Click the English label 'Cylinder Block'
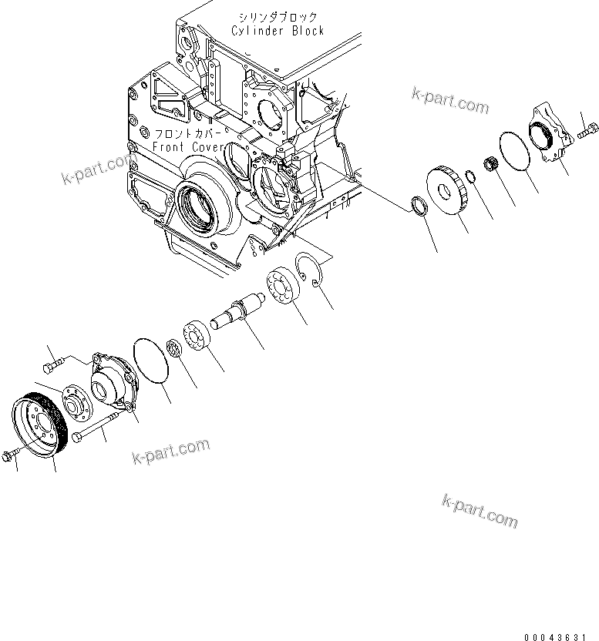(x=278, y=31)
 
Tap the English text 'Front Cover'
(x=188, y=146)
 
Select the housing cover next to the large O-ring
(x=113, y=380)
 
